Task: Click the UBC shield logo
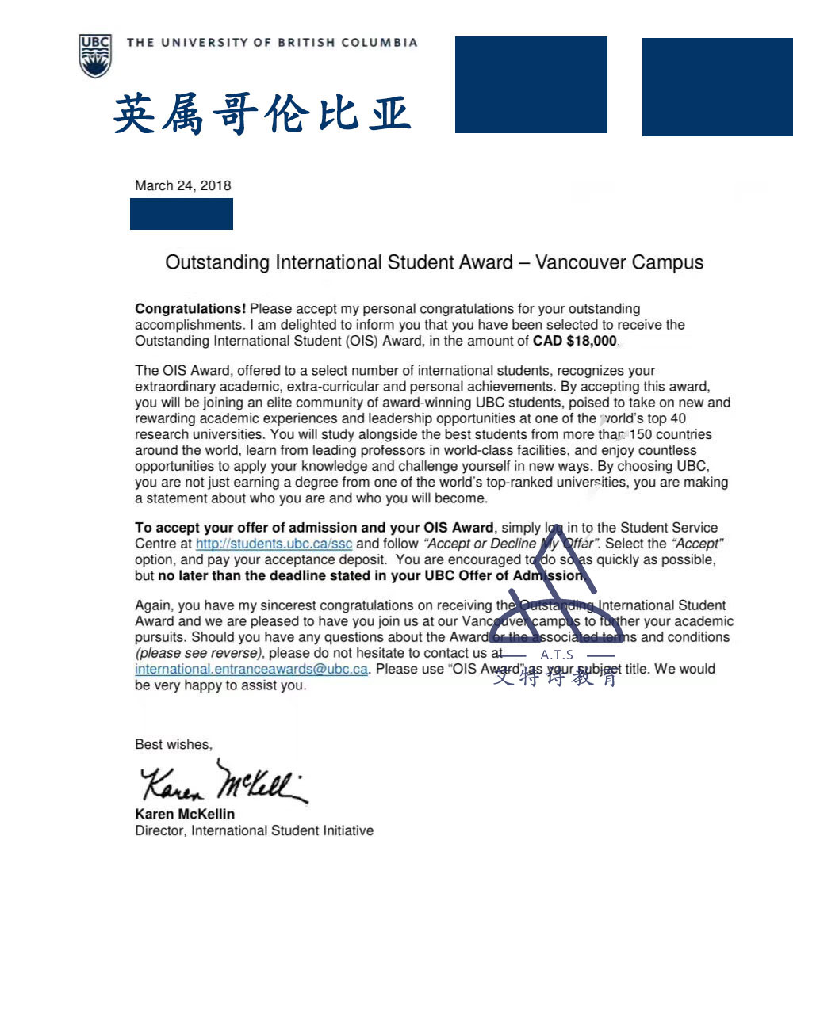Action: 95,55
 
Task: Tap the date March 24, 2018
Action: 182,185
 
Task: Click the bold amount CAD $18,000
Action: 574,341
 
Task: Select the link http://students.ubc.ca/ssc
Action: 274,544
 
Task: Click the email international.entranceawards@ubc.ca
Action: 251,669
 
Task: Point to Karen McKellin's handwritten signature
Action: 222,781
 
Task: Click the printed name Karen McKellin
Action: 185,814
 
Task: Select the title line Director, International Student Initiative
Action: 254,830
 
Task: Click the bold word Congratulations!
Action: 190,308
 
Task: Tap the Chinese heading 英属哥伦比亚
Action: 262,113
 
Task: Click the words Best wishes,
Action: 174,744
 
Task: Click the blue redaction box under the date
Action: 182,214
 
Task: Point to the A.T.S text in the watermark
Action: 557,655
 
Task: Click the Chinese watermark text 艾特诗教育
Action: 555,677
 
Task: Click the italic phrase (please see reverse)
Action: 199,653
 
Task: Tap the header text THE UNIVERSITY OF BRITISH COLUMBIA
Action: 271,43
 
